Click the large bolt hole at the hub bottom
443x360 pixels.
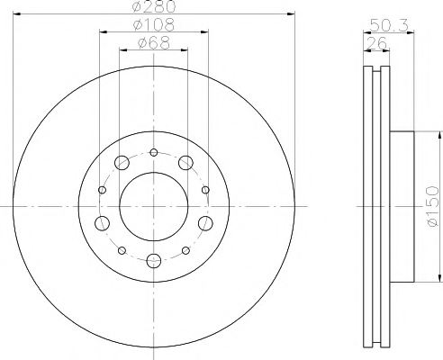(x=154, y=261)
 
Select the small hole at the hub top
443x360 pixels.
(x=154, y=151)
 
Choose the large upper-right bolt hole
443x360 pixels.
(x=186, y=163)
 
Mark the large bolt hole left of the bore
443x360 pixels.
(x=101, y=223)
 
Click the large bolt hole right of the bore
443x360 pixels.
(x=206, y=223)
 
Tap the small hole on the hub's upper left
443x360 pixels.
(x=102, y=189)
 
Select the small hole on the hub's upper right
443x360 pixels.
(x=206, y=189)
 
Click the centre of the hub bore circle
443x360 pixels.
(x=154, y=206)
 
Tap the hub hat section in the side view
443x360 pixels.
(x=402, y=207)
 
